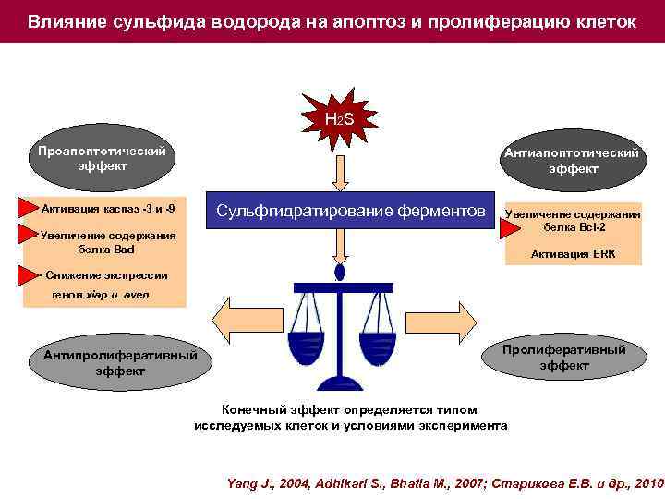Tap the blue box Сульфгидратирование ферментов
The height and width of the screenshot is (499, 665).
tap(350, 211)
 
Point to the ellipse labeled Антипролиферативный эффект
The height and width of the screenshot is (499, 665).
tap(119, 362)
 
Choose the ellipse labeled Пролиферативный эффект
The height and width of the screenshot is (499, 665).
tap(563, 358)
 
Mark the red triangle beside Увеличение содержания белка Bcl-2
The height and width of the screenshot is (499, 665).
tap(510, 227)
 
